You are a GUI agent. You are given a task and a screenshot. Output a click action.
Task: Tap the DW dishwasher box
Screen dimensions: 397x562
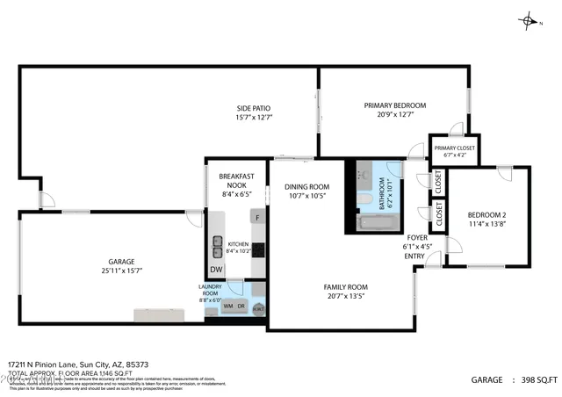pos(216,270)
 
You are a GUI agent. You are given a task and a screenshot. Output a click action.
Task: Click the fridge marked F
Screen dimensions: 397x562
pos(256,217)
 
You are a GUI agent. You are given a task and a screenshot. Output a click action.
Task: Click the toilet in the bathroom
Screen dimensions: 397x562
pos(363,206)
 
